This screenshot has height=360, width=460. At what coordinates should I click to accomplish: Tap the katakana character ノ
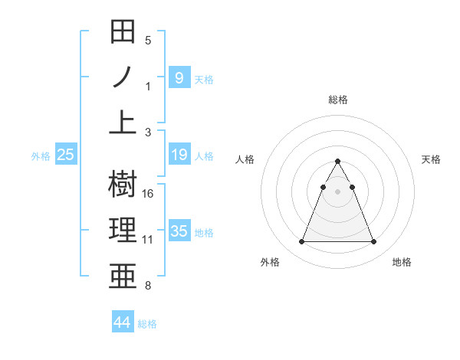tap(123, 77)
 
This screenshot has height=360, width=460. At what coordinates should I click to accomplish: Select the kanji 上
tap(123, 122)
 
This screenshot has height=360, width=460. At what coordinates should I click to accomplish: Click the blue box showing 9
tap(179, 77)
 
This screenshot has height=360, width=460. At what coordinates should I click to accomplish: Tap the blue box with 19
tap(179, 155)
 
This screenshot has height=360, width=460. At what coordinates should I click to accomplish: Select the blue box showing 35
tap(179, 231)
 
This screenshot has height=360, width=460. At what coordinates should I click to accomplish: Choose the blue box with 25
tap(66, 155)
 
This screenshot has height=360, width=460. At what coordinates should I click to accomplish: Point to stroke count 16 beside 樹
tap(148, 194)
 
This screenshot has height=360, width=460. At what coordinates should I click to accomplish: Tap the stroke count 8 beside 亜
tap(148, 286)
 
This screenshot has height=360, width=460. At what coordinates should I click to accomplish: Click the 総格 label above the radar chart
tap(337, 100)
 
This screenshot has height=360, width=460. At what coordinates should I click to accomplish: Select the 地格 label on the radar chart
tap(402, 262)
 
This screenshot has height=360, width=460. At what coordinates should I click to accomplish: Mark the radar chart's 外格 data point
tap(301, 242)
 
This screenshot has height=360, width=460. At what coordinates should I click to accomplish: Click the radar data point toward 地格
tap(373, 242)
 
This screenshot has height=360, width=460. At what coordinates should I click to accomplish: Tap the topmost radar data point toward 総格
tap(337, 161)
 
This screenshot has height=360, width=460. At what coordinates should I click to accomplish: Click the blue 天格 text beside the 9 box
tap(204, 79)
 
